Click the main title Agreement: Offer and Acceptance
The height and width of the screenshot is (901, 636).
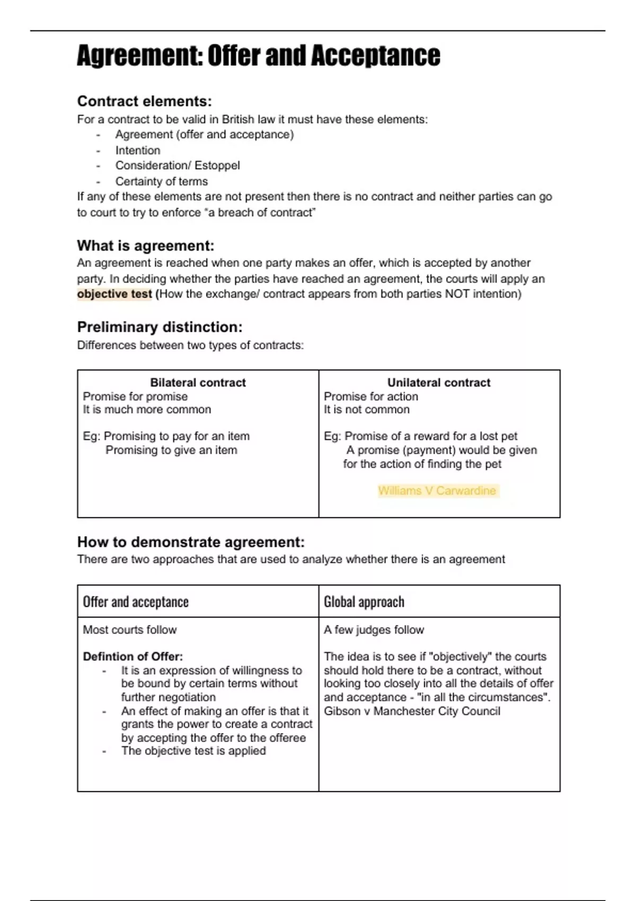(258, 56)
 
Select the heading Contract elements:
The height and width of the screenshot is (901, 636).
(144, 101)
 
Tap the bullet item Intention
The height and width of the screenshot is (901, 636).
(138, 151)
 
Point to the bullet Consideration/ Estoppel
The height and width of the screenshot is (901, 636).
(178, 165)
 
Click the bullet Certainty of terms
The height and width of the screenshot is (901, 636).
(162, 181)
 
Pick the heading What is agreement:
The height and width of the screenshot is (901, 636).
(146, 246)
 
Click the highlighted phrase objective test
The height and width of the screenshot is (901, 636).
(114, 294)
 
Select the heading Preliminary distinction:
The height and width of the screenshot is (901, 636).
(160, 327)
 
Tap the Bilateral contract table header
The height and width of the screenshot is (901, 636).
(198, 383)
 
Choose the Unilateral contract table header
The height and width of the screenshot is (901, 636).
(439, 383)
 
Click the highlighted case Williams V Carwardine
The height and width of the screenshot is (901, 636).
(437, 491)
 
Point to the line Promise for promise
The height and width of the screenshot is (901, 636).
(135, 396)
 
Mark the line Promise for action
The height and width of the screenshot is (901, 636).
(371, 396)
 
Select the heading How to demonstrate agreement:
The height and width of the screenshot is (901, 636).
(191, 542)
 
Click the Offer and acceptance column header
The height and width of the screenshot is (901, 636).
(136, 602)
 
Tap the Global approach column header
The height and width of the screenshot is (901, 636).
(364, 602)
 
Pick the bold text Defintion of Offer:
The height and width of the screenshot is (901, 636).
(132, 657)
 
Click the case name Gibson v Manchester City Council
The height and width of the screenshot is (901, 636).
(412, 711)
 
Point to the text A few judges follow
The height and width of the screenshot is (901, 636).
(374, 630)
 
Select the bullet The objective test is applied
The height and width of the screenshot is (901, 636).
(193, 751)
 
